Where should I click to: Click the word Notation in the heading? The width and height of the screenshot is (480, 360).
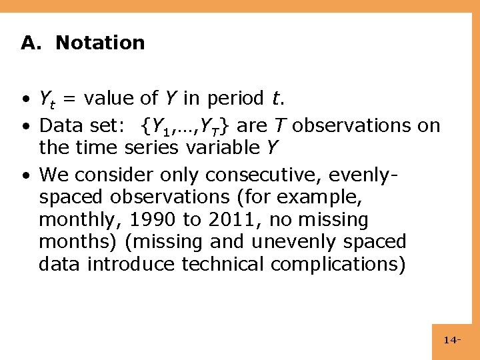[x=100, y=43]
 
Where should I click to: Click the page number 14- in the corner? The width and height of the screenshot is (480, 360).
[x=453, y=341]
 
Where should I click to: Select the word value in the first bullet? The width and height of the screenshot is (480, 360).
[x=107, y=99]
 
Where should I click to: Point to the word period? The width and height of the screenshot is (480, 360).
[x=234, y=99]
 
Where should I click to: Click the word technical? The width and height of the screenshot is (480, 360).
[x=223, y=265]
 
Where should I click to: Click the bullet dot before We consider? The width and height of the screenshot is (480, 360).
[x=24, y=175]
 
